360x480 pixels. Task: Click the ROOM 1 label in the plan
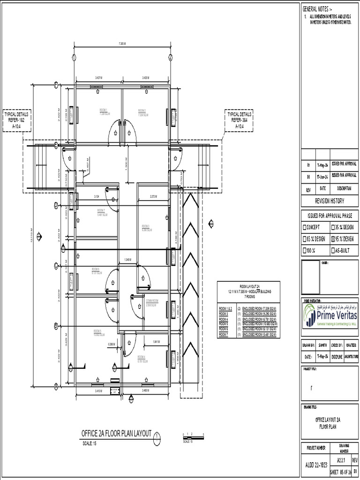[x=104, y=109]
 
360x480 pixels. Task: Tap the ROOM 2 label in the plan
[x=142, y=110]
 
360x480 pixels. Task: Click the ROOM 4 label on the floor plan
[x=141, y=357]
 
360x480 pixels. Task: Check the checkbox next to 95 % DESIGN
[x=333, y=239]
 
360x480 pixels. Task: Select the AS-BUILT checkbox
[x=333, y=250]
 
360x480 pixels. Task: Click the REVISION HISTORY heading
[x=329, y=201]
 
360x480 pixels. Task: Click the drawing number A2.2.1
[x=341, y=461]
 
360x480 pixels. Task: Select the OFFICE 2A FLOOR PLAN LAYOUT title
[x=117, y=434]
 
